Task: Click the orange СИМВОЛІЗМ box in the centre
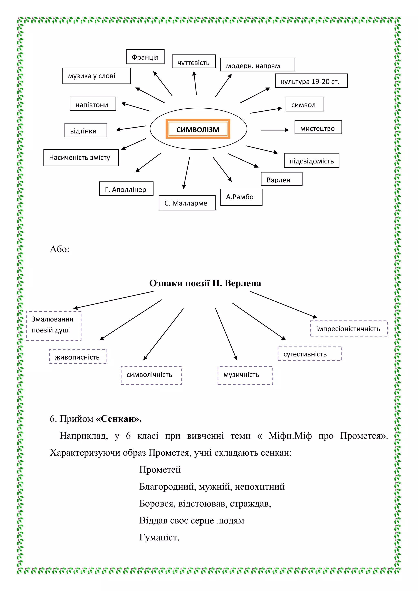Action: pos(198,129)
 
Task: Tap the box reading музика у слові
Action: pos(97,76)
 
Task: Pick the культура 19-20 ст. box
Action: pos(311,81)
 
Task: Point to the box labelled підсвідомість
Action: pos(311,161)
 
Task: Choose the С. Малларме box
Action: pos(187,203)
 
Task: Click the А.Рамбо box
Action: pos(241,197)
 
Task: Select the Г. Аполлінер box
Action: pos(126,189)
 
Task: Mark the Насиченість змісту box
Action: pos(81,158)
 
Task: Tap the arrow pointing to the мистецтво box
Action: pos(275,130)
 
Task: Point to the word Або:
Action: pos(59,249)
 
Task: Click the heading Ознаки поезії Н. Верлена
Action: pos(205,283)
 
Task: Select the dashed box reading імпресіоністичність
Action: pos(349,328)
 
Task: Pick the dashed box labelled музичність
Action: pos(245,375)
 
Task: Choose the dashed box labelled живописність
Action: pos(78,357)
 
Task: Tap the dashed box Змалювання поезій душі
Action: pos(53,326)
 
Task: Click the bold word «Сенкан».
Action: pos(119,419)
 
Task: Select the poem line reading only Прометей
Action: pos(160,470)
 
